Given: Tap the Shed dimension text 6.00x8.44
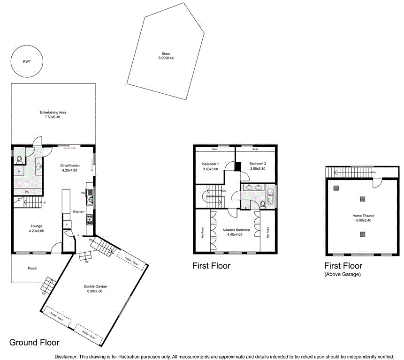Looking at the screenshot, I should tap(165, 58).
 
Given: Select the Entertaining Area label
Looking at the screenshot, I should tap(53, 112).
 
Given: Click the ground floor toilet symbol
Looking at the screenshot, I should tap(19, 159).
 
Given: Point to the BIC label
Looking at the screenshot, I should tap(27, 192).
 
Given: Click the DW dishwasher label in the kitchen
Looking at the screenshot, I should tap(83, 193).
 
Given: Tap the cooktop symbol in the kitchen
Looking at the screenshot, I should tap(90, 218).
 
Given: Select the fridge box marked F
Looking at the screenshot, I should tap(67, 225).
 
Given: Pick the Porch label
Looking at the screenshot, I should tap(32, 268).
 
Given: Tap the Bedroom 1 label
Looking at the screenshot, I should tap(210, 164).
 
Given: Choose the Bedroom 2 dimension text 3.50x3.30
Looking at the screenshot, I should tap(258, 169).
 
